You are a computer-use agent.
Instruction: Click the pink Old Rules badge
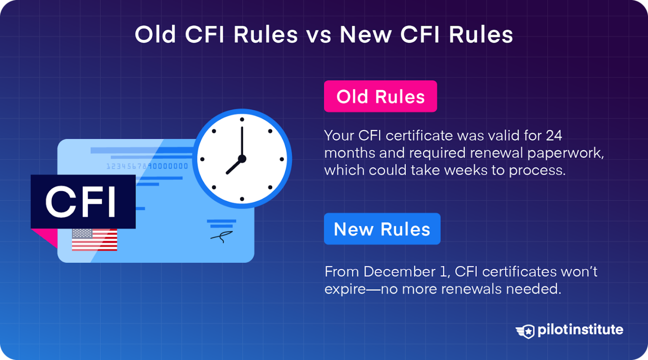click(380, 96)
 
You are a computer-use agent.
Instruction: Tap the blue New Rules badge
click(382, 229)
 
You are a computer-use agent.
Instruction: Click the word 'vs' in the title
click(319, 35)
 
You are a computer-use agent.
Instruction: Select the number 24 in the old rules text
click(553, 135)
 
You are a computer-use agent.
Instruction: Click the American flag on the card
click(94, 240)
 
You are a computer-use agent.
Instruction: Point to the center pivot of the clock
click(242, 159)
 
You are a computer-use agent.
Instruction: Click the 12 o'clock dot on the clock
click(242, 119)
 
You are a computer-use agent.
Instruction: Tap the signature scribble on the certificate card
click(221, 237)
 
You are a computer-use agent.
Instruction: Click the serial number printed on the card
click(147, 166)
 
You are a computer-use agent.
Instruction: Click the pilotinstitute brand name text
click(580, 330)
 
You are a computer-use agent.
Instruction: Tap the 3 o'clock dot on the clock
click(282, 159)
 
